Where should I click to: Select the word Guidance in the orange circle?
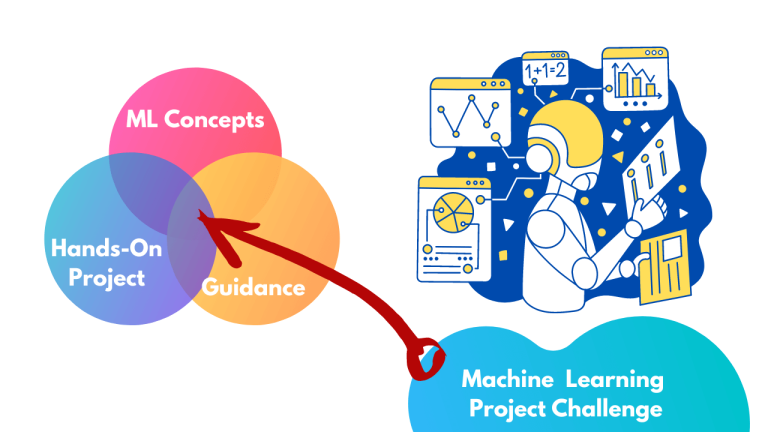tap(253, 288)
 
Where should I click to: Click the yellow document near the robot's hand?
tap(665, 264)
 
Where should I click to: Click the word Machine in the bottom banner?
tap(505, 380)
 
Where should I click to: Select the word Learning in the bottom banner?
tap(614, 380)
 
